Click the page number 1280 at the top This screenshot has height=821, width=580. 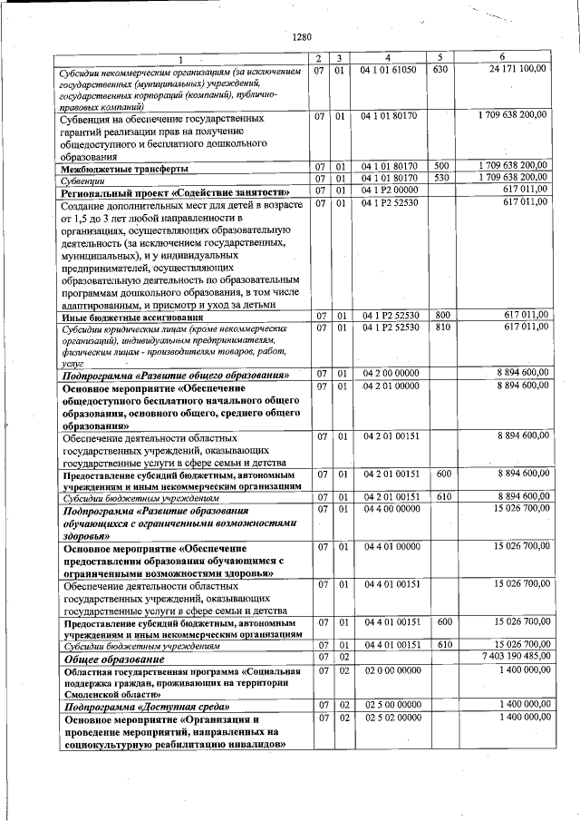[x=302, y=38]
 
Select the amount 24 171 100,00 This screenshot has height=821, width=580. [x=518, y=69]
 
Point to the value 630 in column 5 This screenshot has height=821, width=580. [x=440, y=69]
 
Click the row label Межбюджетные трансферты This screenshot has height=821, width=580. [x=125, y=169]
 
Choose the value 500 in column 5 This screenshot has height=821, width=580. [x=441, y=167]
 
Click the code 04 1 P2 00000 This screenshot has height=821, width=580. [x=390, y=191]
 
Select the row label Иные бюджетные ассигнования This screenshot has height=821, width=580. [x=132, y=318]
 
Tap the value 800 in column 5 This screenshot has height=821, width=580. [x=441, y=316]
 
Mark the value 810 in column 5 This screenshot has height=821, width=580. [x=441, y=327]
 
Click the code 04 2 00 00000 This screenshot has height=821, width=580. [x=391, y=374]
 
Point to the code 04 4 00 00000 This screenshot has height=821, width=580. [x=391, y=509]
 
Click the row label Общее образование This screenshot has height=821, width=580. [x=106, y=660]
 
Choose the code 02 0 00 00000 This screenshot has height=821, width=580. [x=391, y=670]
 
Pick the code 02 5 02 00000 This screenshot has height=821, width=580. [x=391, y=717]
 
